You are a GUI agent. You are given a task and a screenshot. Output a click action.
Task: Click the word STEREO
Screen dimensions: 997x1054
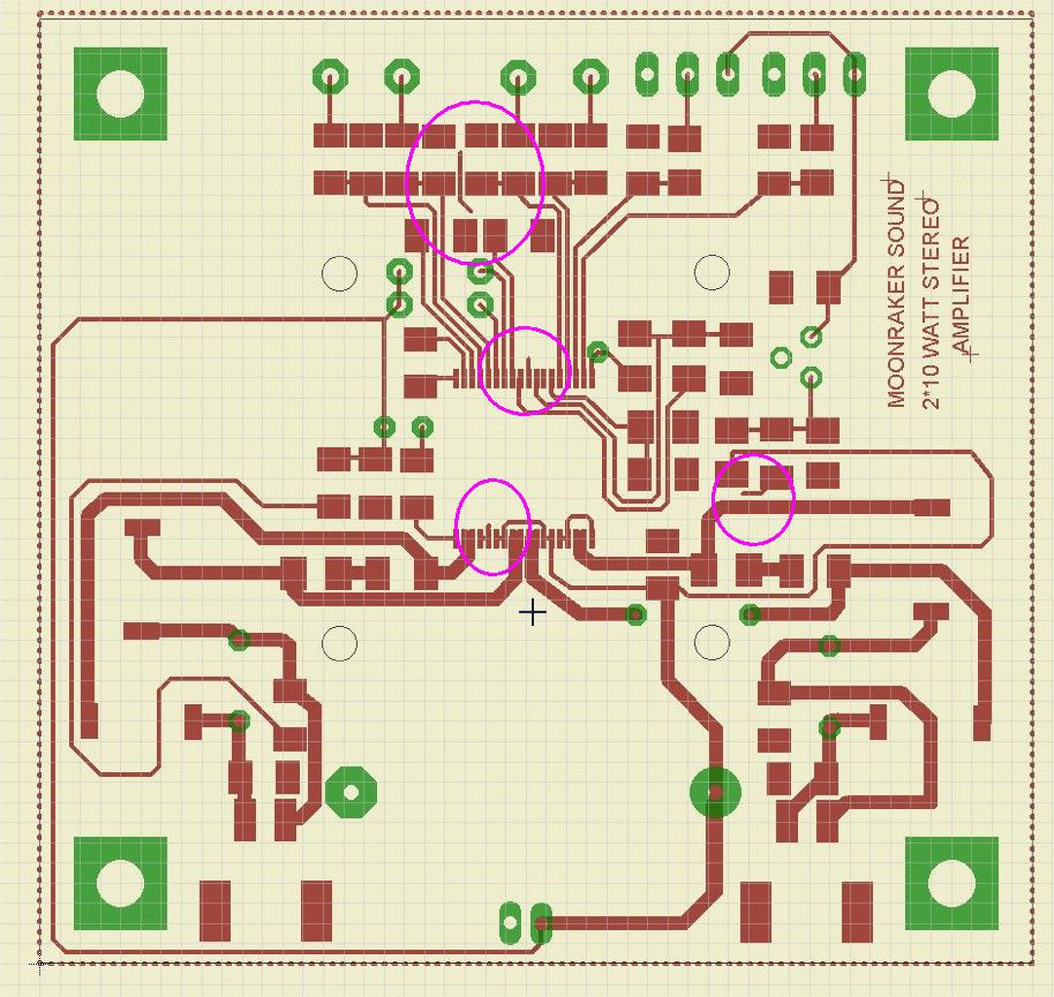coord(931,244)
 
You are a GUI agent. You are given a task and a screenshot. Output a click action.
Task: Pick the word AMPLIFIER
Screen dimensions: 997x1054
coord(962,297)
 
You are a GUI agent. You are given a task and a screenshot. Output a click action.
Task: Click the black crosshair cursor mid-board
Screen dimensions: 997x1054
coord(532,612)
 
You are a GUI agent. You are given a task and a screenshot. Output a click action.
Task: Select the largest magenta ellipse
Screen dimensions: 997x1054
coord(474,182)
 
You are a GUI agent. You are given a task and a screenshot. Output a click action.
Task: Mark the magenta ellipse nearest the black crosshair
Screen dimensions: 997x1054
coord(493,527)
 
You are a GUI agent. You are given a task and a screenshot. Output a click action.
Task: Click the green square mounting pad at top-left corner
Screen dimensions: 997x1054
coord(121,94)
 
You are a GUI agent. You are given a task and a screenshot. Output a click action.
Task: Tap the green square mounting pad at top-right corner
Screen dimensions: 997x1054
coord(952,94)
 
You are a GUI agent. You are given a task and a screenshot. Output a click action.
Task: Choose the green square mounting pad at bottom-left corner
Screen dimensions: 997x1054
coord(121,883)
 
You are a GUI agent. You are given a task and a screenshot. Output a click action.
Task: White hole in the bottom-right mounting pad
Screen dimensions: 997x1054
coord(952,883)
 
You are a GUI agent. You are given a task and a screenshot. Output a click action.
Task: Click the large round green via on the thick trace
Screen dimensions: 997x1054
coord(716,794)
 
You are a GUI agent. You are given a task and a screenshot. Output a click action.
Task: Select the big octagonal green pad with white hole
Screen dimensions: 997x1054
coord(351,792)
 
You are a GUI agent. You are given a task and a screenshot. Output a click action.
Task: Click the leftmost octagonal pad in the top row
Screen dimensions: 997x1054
coord(331,75)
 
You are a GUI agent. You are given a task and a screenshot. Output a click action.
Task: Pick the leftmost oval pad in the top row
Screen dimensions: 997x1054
coord(647,72)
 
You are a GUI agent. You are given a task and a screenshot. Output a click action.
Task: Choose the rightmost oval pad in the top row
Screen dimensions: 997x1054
coord(854,73)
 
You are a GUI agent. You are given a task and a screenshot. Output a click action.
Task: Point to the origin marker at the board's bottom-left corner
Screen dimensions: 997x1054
coord(40,965)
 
